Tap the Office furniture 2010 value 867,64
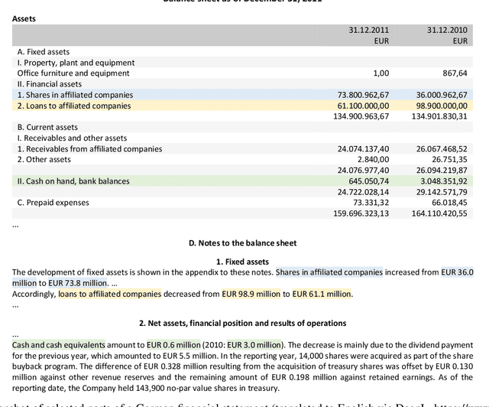click(x=455, y=73)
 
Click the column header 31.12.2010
click(x=447, y=30)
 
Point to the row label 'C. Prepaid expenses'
click(x=53, y=203)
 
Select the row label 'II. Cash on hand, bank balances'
click(x=73, y=181)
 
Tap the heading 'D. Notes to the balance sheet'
click(x=242, y=243)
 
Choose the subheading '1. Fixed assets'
click(x=242, y=262)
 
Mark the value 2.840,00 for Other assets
click(x=373, y=159)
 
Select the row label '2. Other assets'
click(x=44, y=159)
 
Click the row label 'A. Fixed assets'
click(x=43, y=52)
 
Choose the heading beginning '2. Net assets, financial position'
click(x=242, y=323)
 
